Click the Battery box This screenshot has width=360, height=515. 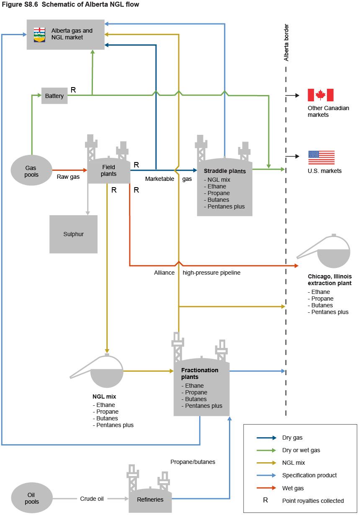[54, 96]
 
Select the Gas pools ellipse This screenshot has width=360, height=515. [31, 171]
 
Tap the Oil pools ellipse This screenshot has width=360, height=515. [31, 498]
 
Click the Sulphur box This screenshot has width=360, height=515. [73, 234]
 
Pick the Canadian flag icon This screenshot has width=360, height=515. [320, 95]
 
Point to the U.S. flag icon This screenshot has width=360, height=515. [321, 157]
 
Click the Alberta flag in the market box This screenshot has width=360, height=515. [39, 34]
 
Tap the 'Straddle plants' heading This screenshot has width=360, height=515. [225, 171]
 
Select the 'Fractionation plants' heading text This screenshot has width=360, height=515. [200, 373]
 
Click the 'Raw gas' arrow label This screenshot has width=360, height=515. [68, 177]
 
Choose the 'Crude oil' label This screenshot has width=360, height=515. [92, 499]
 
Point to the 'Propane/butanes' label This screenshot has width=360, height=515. [193, 462]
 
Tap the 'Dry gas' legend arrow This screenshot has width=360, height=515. [266, 438]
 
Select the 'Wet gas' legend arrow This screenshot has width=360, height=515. [266, 488]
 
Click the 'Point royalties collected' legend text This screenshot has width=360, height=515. [313, 501]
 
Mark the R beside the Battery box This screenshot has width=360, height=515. [73, 90]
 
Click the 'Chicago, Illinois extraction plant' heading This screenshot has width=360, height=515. [329, 280]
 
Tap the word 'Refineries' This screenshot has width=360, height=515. [150, 499]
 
